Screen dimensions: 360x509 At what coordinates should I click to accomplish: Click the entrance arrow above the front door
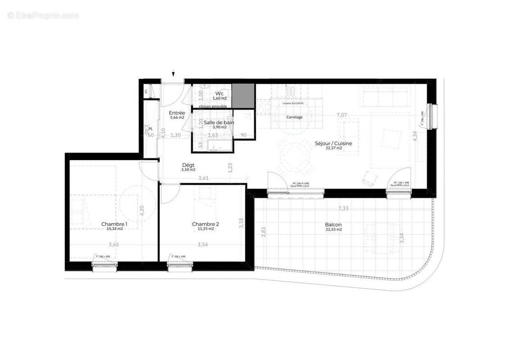click(173, 74)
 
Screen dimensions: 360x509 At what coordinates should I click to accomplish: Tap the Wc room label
click(219, 93)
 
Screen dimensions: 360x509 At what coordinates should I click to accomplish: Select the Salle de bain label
click(219, 122)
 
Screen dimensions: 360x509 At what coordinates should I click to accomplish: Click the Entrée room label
click(177, 113)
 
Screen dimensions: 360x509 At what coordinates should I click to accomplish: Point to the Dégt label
click(188, 165)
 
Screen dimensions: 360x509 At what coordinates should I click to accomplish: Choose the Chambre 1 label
click(114, 224)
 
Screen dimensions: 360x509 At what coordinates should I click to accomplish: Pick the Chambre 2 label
click(205, 224)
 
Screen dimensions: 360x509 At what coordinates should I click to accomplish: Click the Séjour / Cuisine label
click(333, 143)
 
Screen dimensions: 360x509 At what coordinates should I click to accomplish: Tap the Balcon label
click(333, 225)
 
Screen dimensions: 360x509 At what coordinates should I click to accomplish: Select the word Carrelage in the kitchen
click(294, 117)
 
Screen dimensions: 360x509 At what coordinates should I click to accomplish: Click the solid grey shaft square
click(243, 95)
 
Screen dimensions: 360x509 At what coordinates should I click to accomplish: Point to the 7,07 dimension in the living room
click(342, 115)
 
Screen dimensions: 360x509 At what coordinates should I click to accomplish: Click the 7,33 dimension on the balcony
click(344, 208)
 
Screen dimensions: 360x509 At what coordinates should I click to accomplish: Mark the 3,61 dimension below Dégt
click(203, 179)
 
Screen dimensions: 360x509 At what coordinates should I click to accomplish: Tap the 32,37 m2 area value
click(333, 148)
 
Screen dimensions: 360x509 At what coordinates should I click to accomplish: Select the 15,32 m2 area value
click(114, 229)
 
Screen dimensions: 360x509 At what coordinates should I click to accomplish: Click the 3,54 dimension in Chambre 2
click(203, 245)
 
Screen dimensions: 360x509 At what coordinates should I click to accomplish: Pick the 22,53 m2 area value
click(333, 229)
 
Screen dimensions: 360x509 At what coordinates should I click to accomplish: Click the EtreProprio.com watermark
click(43, 16)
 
